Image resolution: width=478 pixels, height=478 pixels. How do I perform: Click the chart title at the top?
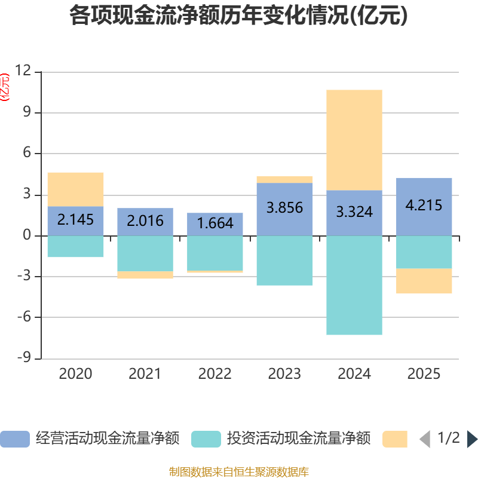pos(239,16)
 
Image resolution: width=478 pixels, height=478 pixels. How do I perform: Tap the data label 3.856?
pos(284,208)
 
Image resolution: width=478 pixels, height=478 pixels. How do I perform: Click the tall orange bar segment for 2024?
pos(354,140)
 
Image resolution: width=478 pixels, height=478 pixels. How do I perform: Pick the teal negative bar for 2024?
pos(354,285)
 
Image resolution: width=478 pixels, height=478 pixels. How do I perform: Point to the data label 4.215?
pos(424,206)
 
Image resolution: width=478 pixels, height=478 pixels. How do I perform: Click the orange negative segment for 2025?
pos(424,281)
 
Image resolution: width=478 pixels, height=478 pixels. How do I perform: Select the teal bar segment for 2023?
pos(284,261)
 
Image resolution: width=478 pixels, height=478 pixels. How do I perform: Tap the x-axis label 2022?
pos(215,374)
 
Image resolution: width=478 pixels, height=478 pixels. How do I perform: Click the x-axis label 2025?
pos(424,374)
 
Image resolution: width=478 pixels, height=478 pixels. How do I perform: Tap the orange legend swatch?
pos(394,439)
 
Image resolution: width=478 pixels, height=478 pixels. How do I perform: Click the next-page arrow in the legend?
pos(472,439)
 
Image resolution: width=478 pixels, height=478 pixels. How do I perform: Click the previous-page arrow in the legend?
pos(425,439)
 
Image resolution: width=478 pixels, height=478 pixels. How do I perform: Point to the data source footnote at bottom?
pos(239,472)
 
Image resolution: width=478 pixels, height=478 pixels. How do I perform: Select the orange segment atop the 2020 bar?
pos(75,189)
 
